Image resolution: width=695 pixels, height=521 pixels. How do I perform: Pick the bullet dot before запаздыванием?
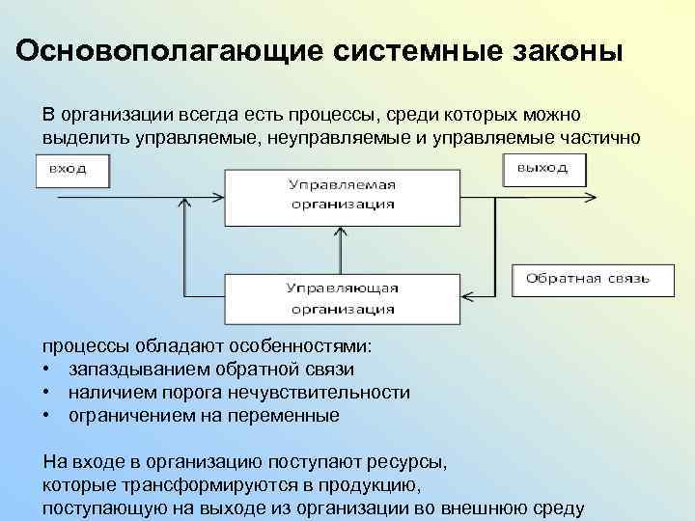click(x=46, y=370)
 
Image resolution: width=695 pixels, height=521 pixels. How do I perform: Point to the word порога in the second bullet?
click(x=229, y=393)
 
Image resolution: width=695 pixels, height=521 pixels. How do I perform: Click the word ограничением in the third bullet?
click(x=128, y=416)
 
